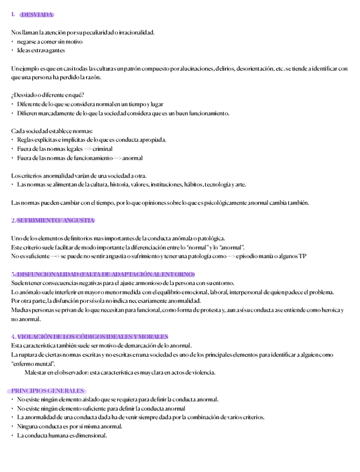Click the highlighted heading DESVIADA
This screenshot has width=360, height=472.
pos(37,14)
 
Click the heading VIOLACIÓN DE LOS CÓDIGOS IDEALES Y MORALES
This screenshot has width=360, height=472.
pos(92,337)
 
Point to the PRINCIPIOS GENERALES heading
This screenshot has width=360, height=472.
pos(47,391)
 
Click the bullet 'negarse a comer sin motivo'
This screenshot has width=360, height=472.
pos(50,42)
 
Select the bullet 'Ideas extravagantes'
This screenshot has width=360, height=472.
pos(41,51)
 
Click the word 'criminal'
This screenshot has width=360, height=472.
pos(102,149)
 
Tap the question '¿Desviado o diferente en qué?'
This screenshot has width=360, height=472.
pos(47,95)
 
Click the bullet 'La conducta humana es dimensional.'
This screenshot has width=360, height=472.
pos(62,435)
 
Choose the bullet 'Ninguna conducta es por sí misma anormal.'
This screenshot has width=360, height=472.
pos(70,426)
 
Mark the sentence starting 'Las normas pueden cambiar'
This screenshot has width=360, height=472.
pos(160,203)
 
